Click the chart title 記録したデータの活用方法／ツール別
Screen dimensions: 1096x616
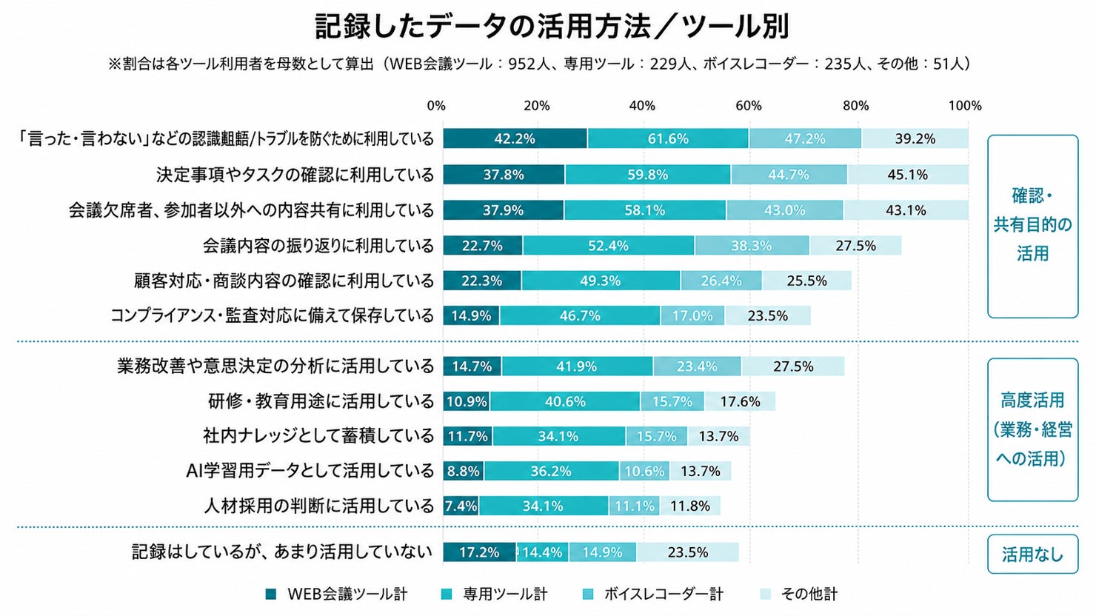click(552, 27)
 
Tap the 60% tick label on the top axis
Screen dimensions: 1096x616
click(748, 106)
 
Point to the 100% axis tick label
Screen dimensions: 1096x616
click(965, 106)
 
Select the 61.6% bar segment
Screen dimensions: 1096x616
click(668, 138)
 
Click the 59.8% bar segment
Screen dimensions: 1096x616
click(648, 175)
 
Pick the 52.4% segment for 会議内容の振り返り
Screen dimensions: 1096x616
click(608, 245)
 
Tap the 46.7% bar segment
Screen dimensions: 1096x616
click(580, 315)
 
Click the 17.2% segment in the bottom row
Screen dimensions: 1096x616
click(480, 552)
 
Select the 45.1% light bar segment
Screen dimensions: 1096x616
click(908, 175)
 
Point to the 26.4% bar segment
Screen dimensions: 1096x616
click(721, 281)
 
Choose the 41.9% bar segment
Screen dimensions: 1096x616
click(577, 366)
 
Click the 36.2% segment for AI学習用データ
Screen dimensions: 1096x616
click(552, 471)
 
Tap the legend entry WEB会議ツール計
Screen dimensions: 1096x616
click(337, 594)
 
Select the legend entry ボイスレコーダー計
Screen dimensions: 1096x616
click(653, 594)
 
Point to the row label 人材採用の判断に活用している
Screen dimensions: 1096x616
click(318, 506)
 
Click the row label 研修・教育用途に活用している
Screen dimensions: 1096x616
click(321, 402)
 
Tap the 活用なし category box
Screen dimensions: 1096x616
click(1032, 555)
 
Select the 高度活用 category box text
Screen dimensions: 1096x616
click(1032, 429)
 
